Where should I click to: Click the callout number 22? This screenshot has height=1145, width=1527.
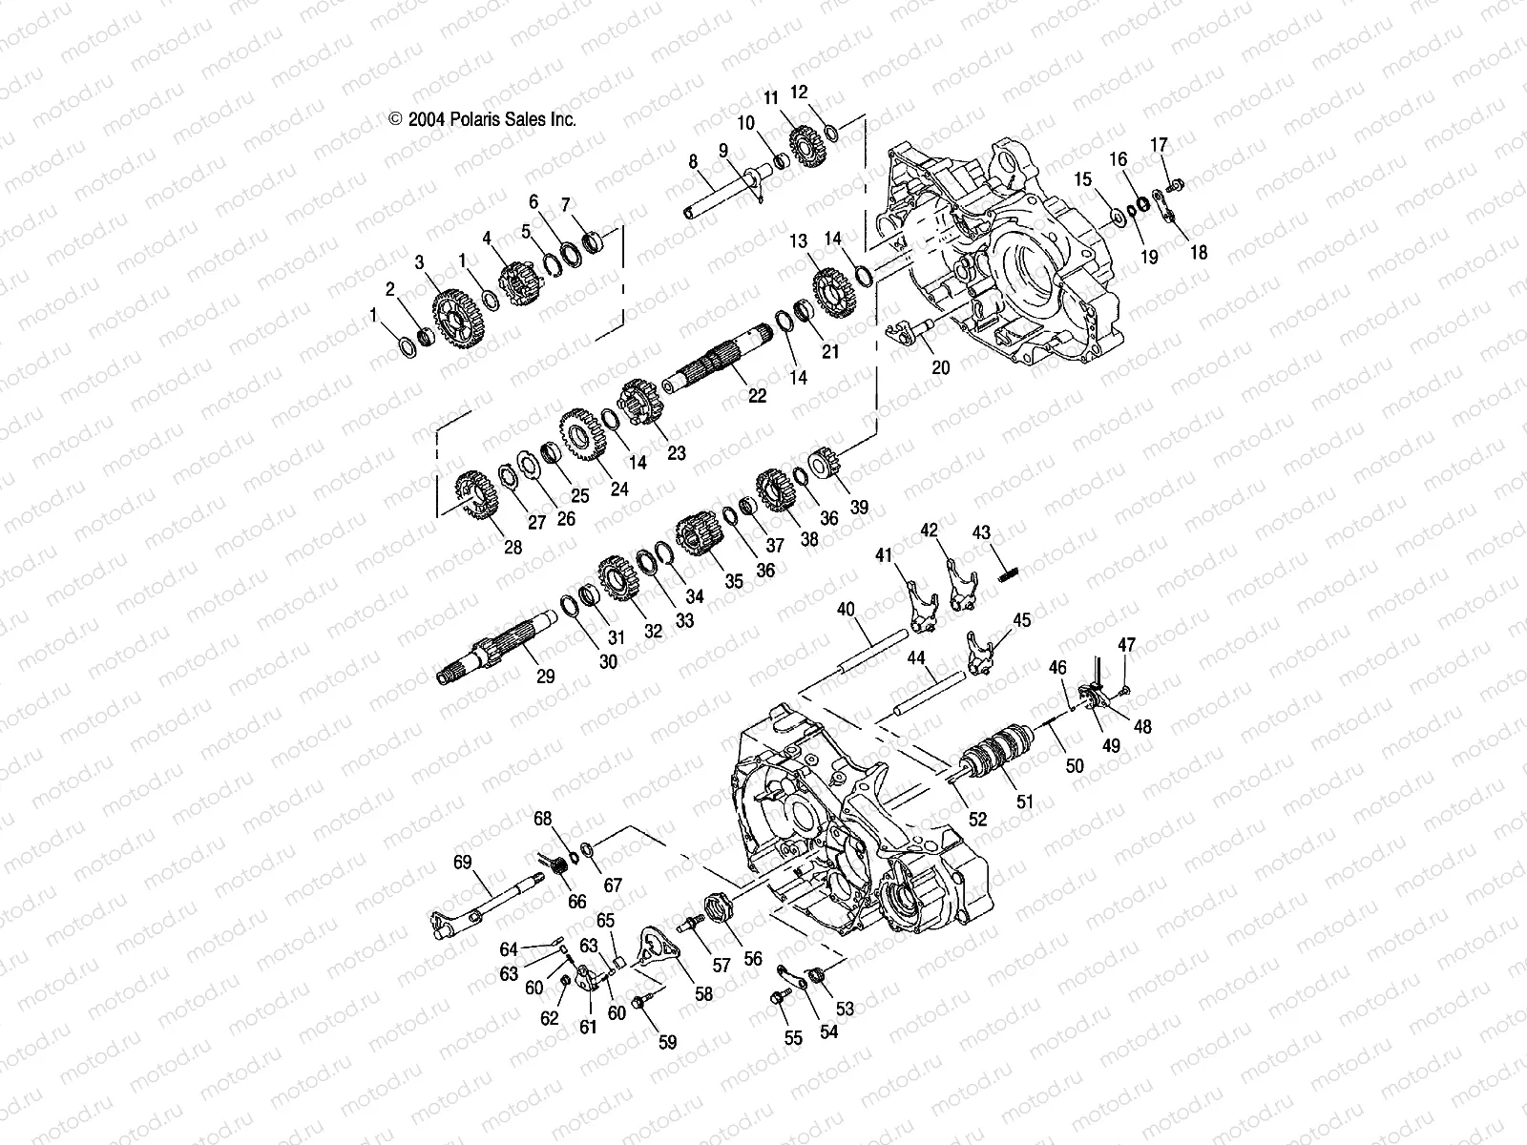[x=757, y=397]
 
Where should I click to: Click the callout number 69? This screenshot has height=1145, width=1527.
[x=463, y=863]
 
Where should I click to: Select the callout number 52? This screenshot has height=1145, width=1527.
[x=977, y=819]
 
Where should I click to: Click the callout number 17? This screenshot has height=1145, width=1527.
[x=1159, y=146]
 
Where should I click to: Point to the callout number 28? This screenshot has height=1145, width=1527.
[x=513, y=547]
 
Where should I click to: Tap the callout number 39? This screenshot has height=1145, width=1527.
[x=859, y=508]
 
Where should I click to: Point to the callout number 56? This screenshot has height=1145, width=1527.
[x=753, y=958]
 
